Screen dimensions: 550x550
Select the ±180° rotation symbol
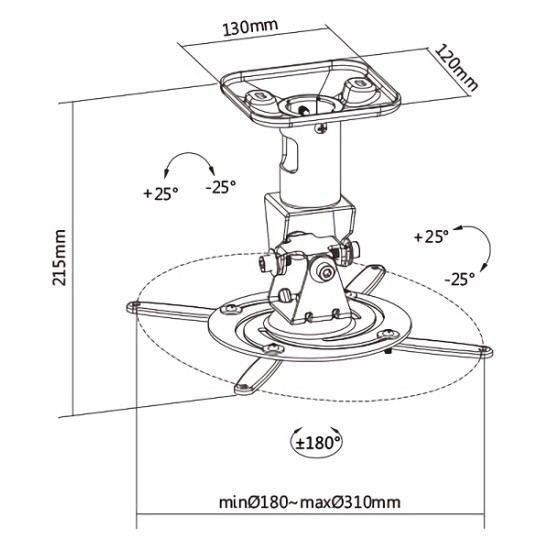coord(318,439)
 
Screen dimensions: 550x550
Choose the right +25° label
coord(430,237)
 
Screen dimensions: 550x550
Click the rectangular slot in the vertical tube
coord(289,153)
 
